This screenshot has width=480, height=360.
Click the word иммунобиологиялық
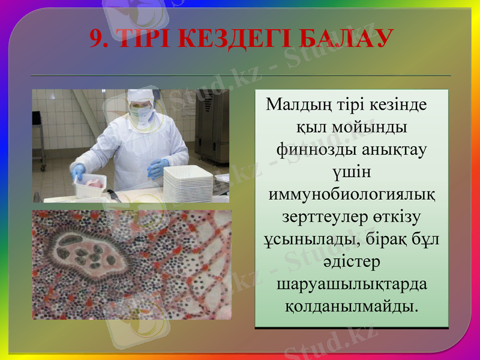click(x=351, y=196)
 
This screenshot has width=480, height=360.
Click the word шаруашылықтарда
click(x=352, y=283)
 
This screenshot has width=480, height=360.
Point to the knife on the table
click(x=113, y=196)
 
